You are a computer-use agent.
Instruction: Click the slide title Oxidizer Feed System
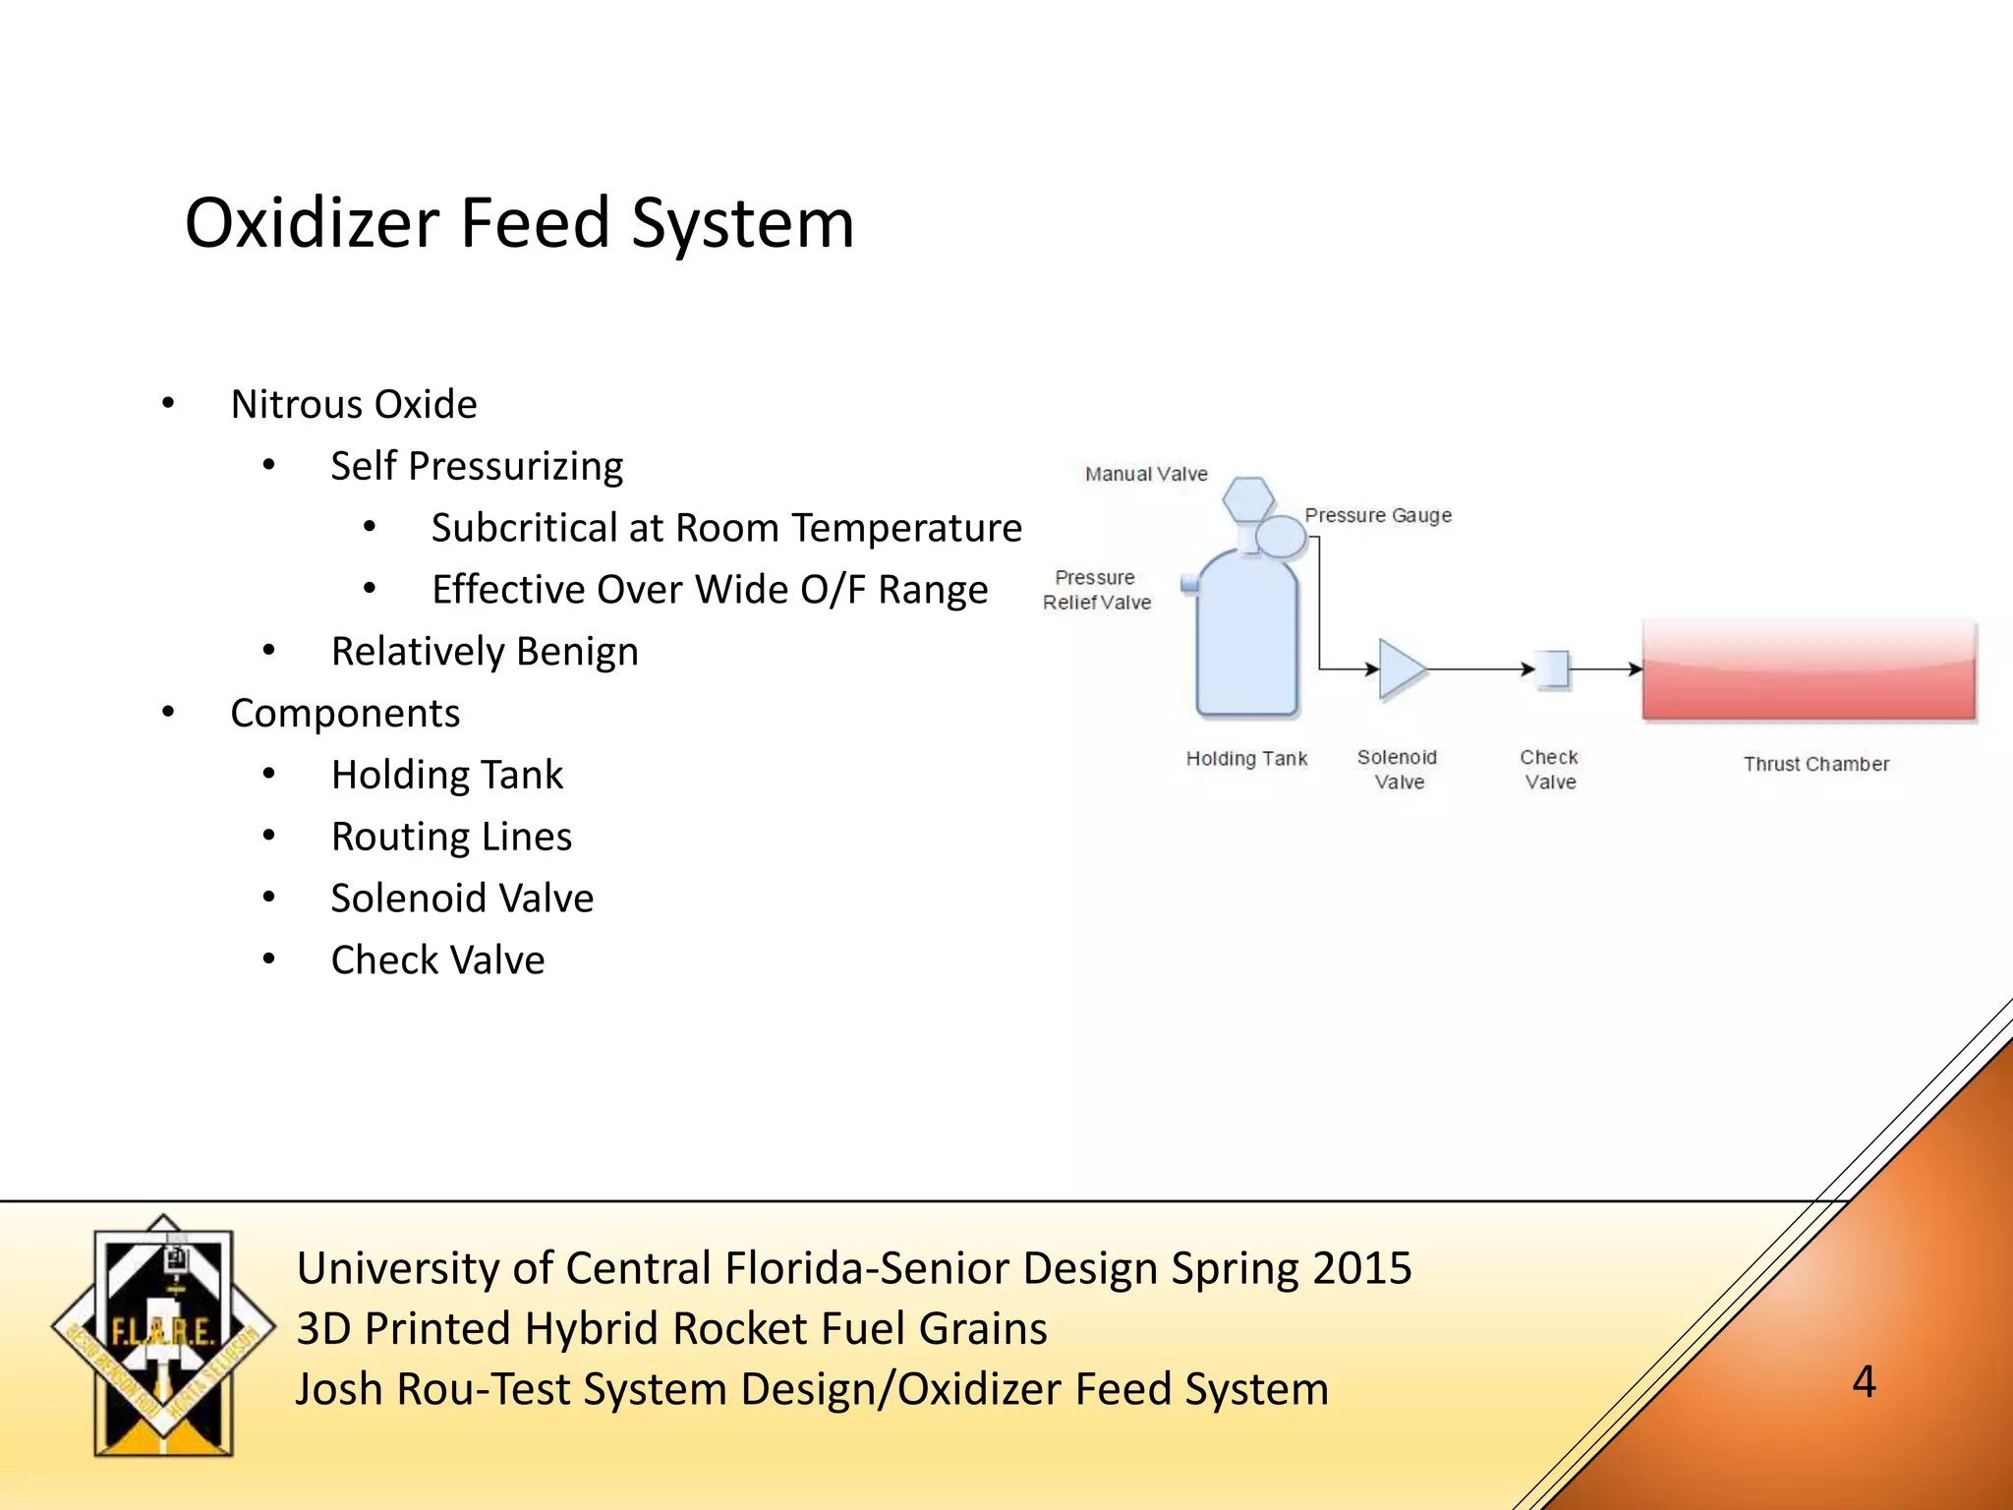point(519,224)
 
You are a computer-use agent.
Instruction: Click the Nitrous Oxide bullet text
point(354,404)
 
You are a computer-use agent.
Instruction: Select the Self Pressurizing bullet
point(477,466)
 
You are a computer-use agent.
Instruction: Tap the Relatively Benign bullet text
point(485,651)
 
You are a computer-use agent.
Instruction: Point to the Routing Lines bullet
point(451,837)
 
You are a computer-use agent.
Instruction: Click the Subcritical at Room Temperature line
point(726,528)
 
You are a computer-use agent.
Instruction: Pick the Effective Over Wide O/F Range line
point(710,590)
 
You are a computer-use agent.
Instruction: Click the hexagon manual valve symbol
point(1247,498)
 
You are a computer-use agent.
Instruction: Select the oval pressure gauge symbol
point(1281,537)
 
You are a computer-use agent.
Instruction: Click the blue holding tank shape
point(1246,639)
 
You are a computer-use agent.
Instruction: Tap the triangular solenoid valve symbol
point(1399,669)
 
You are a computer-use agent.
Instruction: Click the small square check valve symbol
point(1553,669)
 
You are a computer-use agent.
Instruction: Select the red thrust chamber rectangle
point(1809,670)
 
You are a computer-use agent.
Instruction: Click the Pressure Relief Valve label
point(1097,590)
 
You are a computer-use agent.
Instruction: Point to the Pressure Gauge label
point(1378,515)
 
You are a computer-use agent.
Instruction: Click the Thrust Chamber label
point(1815,764)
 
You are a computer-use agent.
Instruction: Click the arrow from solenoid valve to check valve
point(1479,669)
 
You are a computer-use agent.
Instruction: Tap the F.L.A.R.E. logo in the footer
point(163,1335)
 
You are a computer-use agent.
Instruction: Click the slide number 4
point(1864,1381)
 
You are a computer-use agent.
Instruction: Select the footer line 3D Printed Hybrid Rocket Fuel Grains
point(671,1328)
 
